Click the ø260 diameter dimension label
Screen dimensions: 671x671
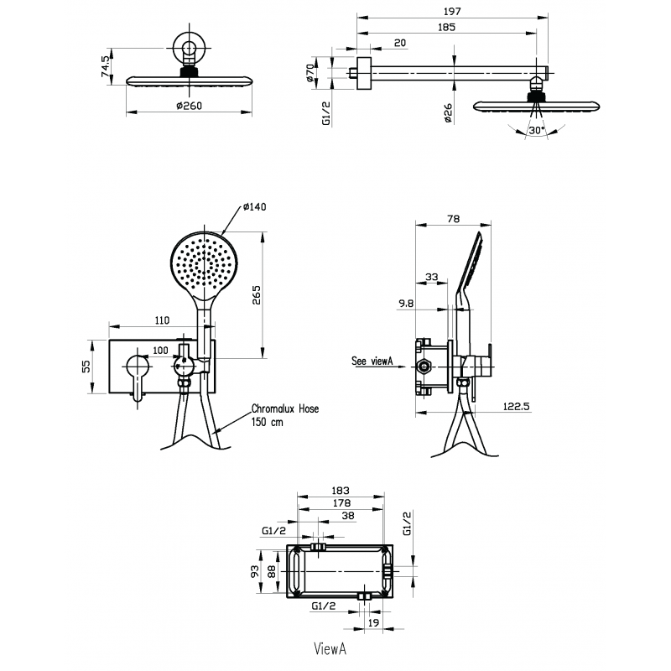[x=190, y=106]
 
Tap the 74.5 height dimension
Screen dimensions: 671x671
[x=106, y=66]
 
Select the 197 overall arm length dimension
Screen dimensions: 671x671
[x=452, y=11]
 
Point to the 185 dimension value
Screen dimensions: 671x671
[x=446, y=28]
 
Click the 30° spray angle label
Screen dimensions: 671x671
[x=536, y=130]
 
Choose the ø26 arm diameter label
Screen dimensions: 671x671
[x=448, y=113]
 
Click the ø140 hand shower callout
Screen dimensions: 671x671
[x=255, y=206]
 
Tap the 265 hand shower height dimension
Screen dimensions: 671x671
[x=256, y=295]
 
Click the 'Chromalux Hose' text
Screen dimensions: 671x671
[x=285, y=408]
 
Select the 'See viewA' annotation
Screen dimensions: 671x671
[x=372, y=361]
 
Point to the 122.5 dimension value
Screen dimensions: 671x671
[x=516, y=406]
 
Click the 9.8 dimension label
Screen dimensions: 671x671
[x=406, y=304]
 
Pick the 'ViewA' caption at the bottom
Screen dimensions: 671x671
[x=330, y=648]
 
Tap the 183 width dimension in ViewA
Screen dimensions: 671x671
[x=341, y=491]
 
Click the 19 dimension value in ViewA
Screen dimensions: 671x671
[x=373, y=622]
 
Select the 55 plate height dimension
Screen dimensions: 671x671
[x=86, y=367]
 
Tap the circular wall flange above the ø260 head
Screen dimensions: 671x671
[x=190, y=47]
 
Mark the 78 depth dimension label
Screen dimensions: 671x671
[x=453, y=219]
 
